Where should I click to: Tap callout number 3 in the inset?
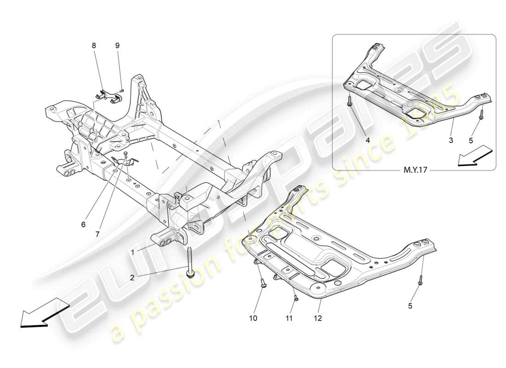451,139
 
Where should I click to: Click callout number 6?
83,225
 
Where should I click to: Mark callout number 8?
94,46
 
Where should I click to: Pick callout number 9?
117,46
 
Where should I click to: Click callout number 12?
318,317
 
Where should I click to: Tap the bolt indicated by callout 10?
264,282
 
